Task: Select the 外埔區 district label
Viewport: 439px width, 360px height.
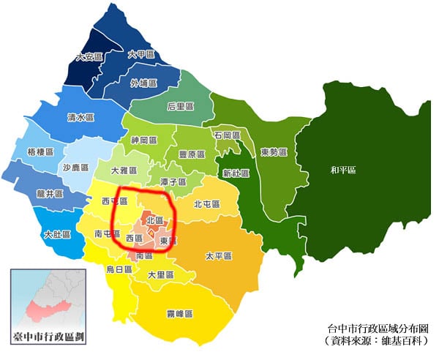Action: pos(143,83)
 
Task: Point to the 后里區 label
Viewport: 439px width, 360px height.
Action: pos(180,106)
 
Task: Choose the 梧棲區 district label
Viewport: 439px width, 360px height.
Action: pos(41,151)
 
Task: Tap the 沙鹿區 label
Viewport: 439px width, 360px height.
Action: pos(75,167)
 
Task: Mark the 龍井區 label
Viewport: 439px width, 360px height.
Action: pos(49,195)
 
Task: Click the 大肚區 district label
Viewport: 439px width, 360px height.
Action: pos(57,235)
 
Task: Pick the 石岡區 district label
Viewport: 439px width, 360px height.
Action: pos(227,135)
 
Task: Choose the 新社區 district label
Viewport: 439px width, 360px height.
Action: pos(236,173)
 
